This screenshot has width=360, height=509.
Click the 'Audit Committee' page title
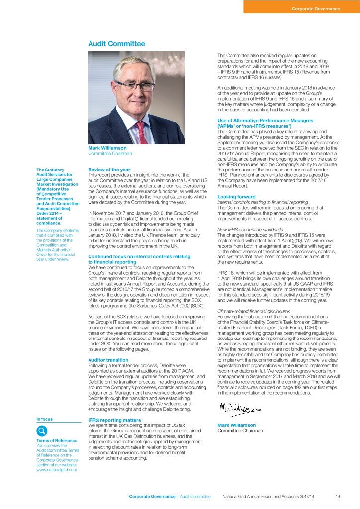[116, 44]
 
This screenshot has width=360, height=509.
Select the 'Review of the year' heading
[108, 170]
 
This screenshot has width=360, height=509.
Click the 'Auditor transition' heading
[108, 359]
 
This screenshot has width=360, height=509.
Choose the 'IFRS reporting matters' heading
[114, 420]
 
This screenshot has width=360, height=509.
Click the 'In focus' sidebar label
[45, 419]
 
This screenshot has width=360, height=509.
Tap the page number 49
[337, 497]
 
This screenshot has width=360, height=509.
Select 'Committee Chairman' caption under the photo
[110, 153]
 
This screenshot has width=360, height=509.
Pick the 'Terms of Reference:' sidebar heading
[56, 441]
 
